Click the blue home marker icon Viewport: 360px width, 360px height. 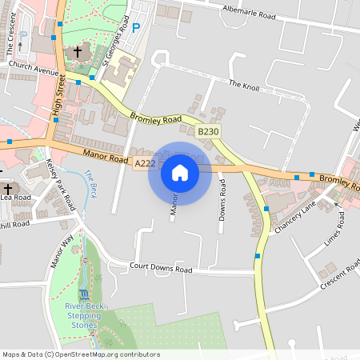pos(179,173)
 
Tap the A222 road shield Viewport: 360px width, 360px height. pos(145,163)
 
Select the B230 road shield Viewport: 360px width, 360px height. pos(208,131)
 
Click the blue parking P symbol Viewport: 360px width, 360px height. pos(135,28)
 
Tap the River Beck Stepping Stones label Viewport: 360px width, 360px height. pos(83,315)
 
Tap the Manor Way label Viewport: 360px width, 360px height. pos(61,251)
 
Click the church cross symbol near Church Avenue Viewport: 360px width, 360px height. pos(78,52)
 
